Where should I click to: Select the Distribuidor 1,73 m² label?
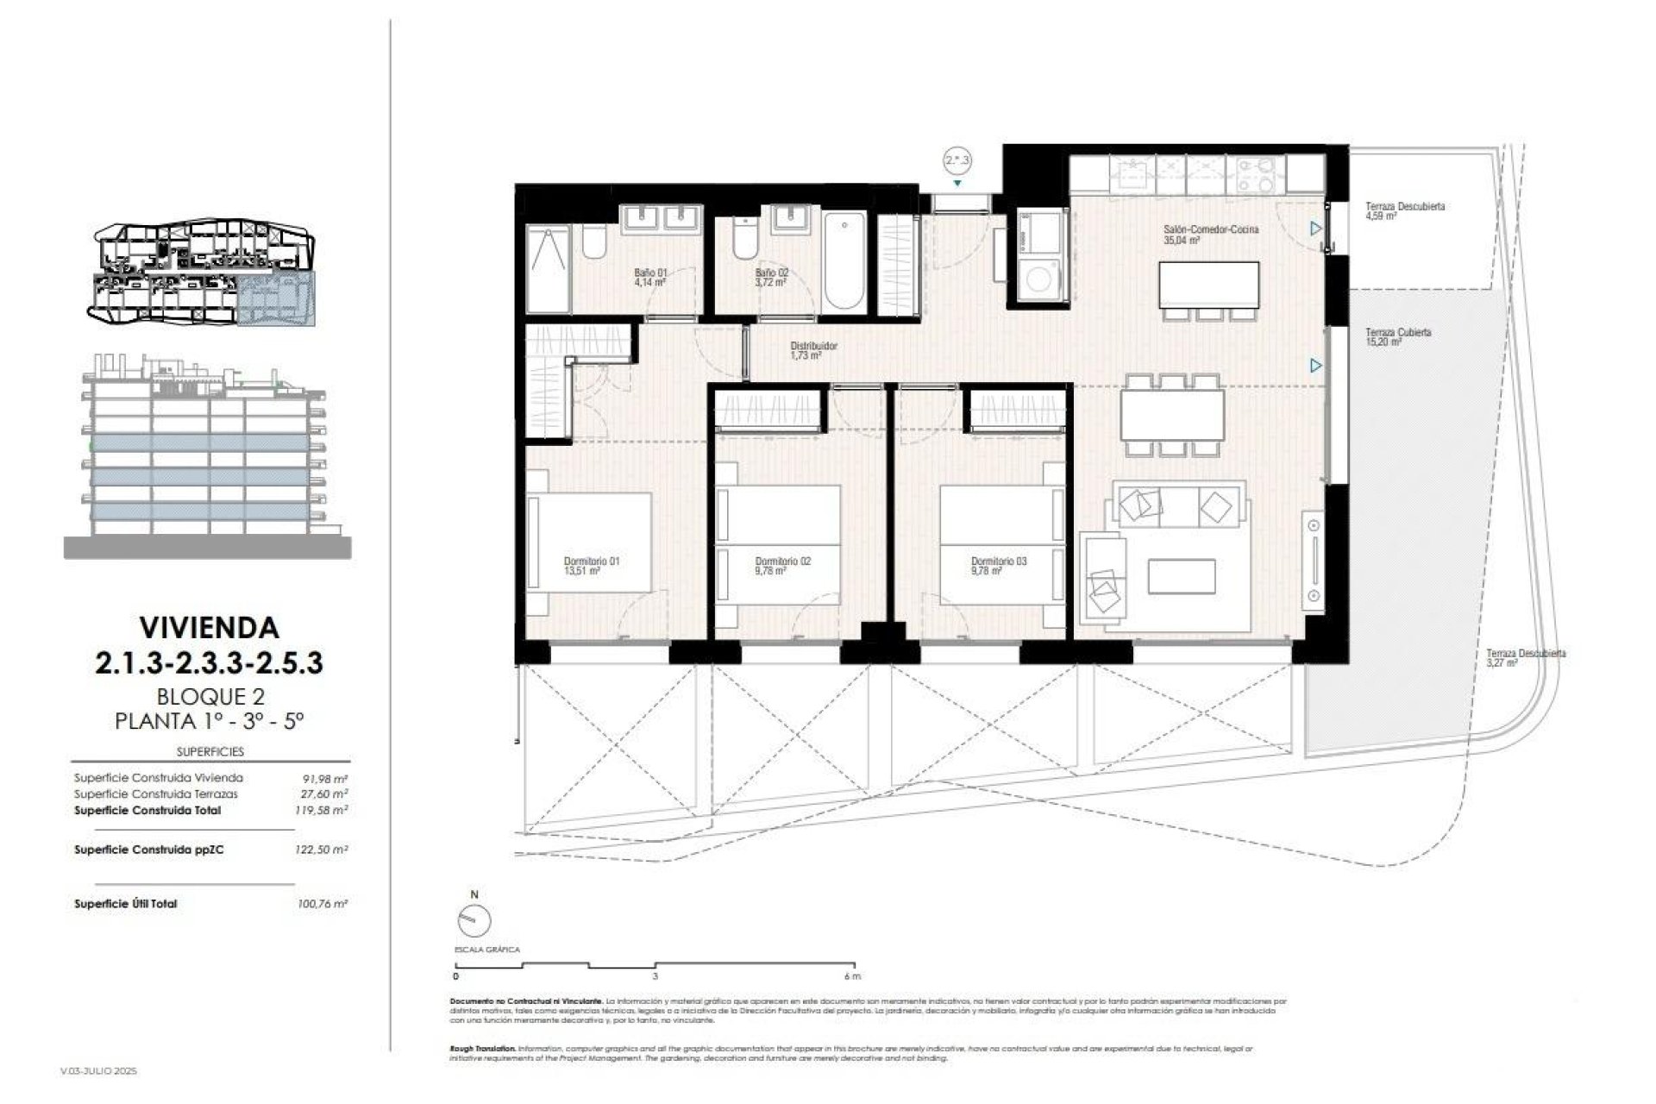pyautogui.click(x=813, y=349)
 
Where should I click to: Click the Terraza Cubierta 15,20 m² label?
pyautogui.click(x=1397, y=336)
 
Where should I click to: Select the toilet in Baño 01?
pyautogui.click(x=594, y=241)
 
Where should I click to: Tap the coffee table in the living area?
pyautogui.click(x=1182, y=576)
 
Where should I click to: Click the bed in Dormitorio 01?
pyautogui.click(x=591, y=541)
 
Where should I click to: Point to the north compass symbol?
pyautogui.click(x=474, y=920)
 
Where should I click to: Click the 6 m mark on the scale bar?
pyautogui.click(x=852, y=976)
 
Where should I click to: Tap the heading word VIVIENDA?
pyautogui.click(x=210, y=627)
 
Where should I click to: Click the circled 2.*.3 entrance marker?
pyautogui.click(x=957, y=160)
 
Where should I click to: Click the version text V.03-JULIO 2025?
pyautogui.click(x=99, y=1070)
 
